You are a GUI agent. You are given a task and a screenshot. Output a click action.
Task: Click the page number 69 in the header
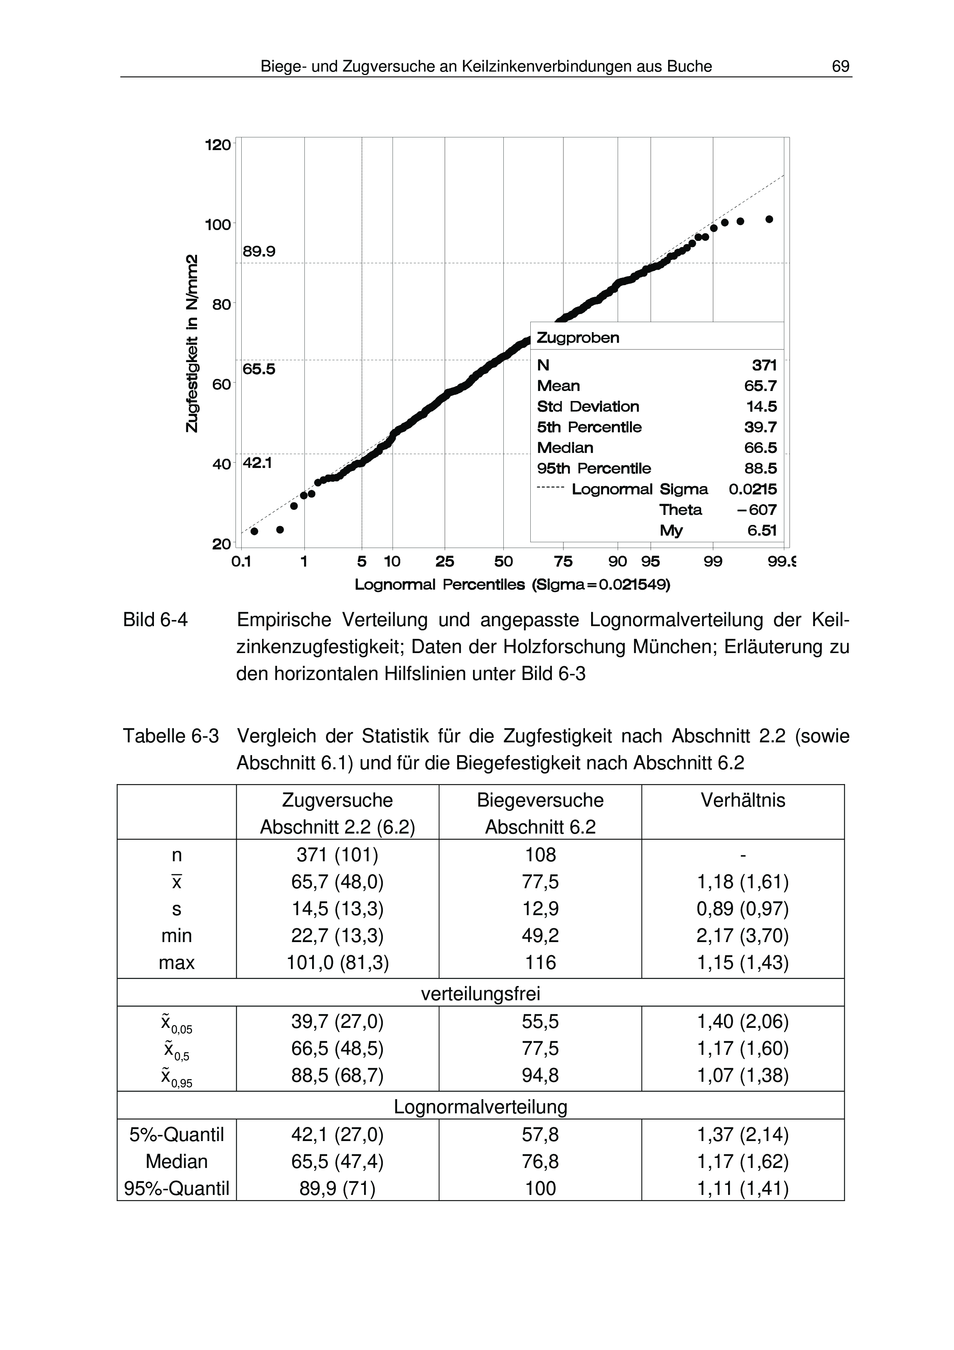(840, 67)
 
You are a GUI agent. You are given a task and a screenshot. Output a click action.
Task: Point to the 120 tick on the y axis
(217, 145)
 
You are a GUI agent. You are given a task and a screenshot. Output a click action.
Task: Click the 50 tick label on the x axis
(503, 561)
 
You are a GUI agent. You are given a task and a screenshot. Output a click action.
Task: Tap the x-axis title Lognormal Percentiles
(512, 585)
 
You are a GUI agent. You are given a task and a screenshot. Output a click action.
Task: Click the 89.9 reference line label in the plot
(259, 252)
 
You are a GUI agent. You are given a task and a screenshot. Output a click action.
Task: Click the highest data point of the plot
(769, 219)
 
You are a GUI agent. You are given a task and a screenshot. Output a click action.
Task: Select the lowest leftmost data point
(254, 531)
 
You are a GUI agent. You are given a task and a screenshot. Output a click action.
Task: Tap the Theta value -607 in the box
(757, 510)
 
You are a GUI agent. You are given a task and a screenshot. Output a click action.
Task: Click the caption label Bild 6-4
(155, 620)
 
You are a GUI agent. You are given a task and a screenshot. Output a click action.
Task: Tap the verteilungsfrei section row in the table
(480, 994)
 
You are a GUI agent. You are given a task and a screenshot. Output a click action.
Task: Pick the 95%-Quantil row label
(176, 1188)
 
